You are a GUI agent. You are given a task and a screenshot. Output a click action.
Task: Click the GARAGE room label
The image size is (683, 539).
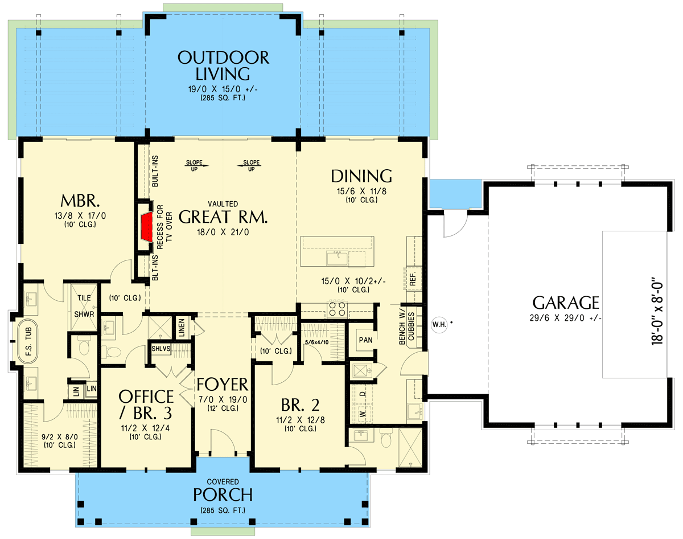click(x=565, y=302)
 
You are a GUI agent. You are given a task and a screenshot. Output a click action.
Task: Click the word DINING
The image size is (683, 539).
click(x=362, y=175)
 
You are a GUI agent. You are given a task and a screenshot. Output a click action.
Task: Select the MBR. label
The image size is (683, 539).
click(x=80, y=201)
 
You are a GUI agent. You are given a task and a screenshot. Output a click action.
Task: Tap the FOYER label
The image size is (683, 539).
click(x=223, y=383)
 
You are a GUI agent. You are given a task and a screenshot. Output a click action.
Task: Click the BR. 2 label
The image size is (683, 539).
click(x=300, y=405)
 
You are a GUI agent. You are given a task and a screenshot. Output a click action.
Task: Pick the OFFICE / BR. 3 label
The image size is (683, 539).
click(x=146, y=404)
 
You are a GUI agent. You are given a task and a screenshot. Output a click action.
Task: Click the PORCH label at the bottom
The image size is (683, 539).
click(x=223, y=493)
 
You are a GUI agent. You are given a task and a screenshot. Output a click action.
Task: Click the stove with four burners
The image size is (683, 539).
click(x=336, y=309)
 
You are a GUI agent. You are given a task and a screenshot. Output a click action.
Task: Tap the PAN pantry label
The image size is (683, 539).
click(x=365, y=340)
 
